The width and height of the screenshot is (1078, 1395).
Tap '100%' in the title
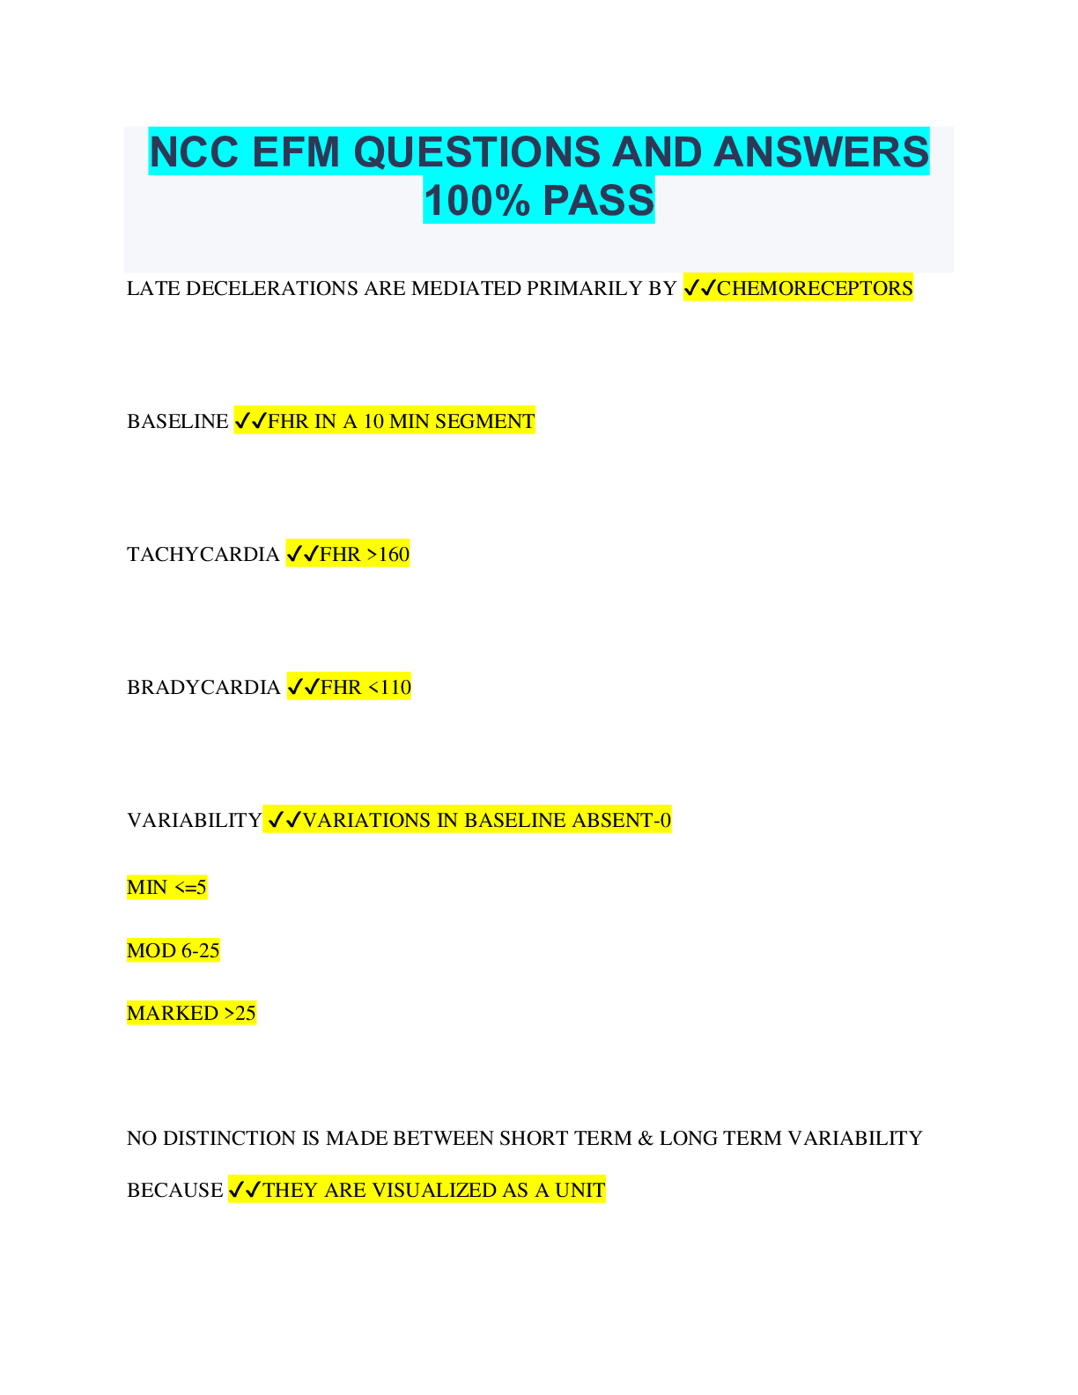(476, 200)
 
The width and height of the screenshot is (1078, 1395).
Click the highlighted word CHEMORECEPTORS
(815, 288)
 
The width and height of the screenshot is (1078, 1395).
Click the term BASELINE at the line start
(177, 421)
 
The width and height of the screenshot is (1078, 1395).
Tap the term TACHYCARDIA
(203, 554)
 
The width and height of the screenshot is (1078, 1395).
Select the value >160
(388, 554)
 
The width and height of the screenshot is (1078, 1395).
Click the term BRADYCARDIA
(203, 687)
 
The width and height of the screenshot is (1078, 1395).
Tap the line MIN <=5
(166, 887)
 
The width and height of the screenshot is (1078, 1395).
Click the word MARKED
(173, 1013)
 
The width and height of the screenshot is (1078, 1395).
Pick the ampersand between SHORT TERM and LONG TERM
(646, 1138)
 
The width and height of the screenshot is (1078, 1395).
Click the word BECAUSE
(174, 1190)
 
